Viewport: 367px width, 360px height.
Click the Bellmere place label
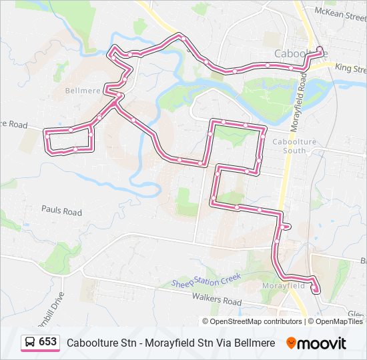83,90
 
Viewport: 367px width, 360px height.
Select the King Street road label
350,69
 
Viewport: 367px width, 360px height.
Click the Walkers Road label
216,301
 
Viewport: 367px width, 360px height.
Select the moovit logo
316,343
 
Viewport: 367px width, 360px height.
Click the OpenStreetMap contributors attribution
252,321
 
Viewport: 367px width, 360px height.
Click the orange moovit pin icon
291,343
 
